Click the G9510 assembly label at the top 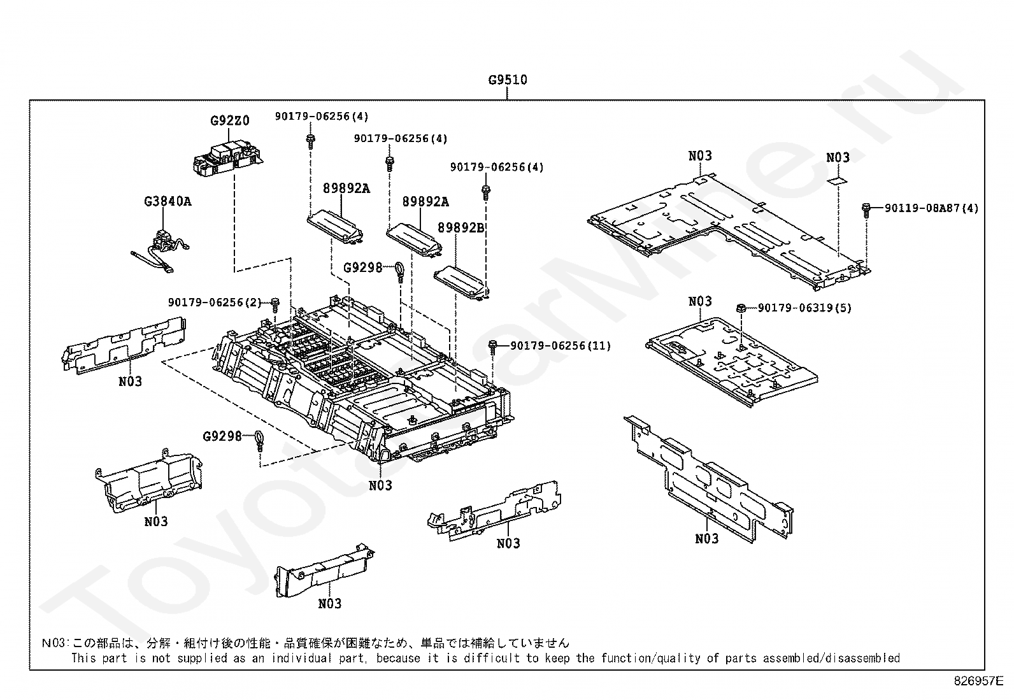tap(508, 80)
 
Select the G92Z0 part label tap(230, 121)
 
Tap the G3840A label tap(168, 201)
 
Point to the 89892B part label tap(461, 228)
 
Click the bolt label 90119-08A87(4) tap(932, 208)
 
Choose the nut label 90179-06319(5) tap(805, 308)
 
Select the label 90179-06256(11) tap(561, 346)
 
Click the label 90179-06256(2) tap(215, 303)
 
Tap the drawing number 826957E tap(979, 681)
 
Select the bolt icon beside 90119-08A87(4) tap(866, 210)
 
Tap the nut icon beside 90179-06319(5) tap(741, 309)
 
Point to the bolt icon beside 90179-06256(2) tap(275, 304)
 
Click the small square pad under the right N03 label tap(837, 181)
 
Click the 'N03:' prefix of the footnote tap(55, 643)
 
